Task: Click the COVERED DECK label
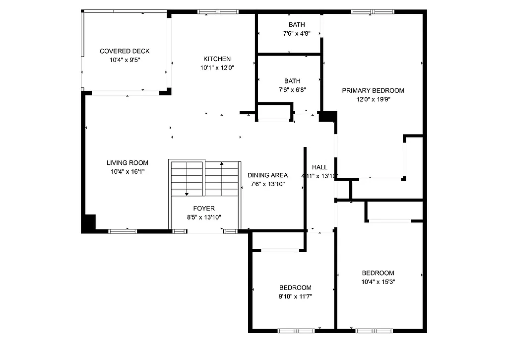click(x=125, y=51)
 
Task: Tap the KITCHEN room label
click(x=217, y=59)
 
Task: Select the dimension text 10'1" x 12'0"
click(x=217, y=68)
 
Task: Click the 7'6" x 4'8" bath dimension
click(x=297, y=34)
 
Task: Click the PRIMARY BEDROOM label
click(x=373, y=90)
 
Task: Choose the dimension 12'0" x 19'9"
click(x=373, y=99)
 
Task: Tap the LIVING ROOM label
click(x=127, y=163)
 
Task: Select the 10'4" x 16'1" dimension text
click(x=127, y=171)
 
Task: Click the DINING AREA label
click(x=268, y=175)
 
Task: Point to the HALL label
click(x=320, y=167)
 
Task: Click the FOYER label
click(x=204, y=209)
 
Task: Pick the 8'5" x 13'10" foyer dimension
click(x=204, y=217)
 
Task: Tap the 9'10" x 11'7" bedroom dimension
click(x=295, y=296)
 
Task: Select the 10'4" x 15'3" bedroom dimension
click(x=378, y=282)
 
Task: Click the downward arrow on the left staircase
click(x=187, y=194)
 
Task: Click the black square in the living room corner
click(x=89, y=222)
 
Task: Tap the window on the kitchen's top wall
click(x=218, y=11)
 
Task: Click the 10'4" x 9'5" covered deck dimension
click(x=125, y=60)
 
